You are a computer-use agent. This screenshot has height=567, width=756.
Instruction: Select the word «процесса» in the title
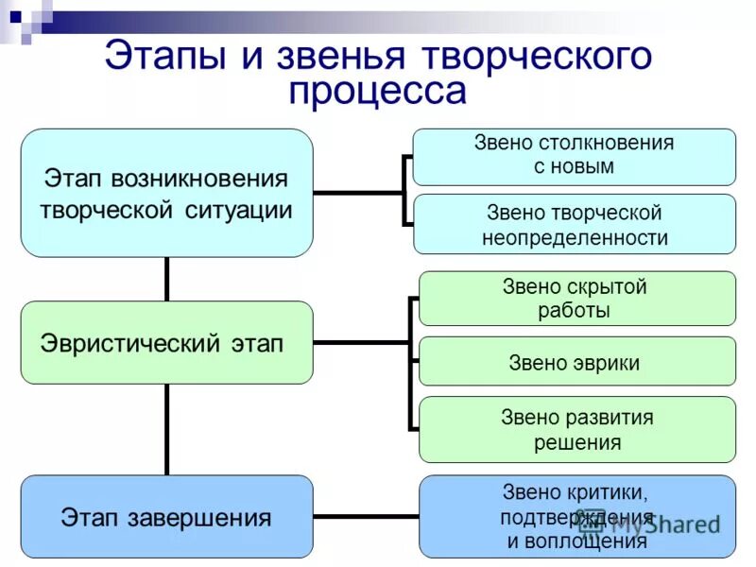(378, 92)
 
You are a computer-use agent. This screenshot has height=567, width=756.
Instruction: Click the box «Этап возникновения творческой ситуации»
(166, 193)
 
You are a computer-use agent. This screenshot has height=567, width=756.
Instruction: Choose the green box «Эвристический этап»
(166, 342)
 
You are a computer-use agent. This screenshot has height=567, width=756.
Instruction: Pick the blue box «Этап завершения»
(166, 516)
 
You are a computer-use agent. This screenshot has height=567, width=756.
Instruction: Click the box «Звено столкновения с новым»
(574, 156)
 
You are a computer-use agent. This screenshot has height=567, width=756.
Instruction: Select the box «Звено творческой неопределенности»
(574, 224)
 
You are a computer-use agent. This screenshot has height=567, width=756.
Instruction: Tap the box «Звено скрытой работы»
(576, 299)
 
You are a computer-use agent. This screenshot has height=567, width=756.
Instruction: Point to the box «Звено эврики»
(576, 362)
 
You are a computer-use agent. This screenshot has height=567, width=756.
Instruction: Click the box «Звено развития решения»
(576, 429)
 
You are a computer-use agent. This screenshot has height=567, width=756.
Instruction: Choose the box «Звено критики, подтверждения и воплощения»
(576, 516)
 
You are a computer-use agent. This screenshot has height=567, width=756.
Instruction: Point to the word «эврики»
(607, 363)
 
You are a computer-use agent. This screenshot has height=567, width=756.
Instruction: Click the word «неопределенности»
(575, 238)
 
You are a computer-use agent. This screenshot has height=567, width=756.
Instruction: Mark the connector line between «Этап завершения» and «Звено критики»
(366, 516)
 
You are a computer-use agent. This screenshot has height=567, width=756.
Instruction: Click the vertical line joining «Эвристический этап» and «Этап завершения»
(167, 429)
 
